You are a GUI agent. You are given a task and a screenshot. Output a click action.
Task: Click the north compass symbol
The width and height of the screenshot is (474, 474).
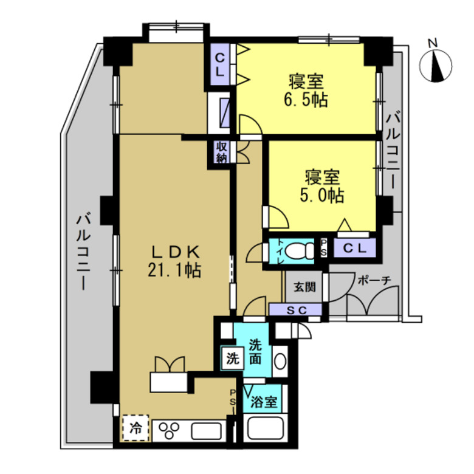tap(436, 65)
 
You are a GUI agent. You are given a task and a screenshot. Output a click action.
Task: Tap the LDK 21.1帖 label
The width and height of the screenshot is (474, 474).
tap(175, 261)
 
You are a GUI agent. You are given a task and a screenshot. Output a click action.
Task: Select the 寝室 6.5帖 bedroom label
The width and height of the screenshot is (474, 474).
tap(306, 90)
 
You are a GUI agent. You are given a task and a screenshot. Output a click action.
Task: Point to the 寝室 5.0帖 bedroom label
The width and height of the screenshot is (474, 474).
tap(322, 186)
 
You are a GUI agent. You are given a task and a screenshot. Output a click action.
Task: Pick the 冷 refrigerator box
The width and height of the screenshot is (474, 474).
tap(136, 428)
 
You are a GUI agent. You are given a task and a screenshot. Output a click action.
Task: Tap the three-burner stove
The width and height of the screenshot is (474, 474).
tap(170, 430)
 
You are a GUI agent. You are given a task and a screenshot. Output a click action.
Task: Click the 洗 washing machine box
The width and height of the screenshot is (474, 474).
tap(233, 359)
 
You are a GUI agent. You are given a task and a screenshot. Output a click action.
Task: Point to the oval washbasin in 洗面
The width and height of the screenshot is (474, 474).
tap(280, 361)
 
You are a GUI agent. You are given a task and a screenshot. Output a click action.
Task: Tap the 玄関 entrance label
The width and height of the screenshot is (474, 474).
tap(304, 287)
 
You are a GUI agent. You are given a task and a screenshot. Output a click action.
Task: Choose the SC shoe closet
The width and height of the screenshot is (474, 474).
tap(295, 310)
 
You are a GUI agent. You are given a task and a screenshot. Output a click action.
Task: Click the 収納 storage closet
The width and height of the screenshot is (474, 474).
tap(221, 152)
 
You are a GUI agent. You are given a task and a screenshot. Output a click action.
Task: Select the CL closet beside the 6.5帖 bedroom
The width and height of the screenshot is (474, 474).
tap(220, 64)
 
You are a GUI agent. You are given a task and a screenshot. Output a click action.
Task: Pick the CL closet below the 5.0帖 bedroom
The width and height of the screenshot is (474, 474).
tap(355, 249)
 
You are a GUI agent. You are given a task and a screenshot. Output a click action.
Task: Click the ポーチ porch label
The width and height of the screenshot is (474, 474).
tap(374, 280)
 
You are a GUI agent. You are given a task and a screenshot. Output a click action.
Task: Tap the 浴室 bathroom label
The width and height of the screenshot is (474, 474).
tap(264, 402)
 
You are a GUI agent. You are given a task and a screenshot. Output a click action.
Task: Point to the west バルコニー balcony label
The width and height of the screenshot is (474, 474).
tap(83, 252)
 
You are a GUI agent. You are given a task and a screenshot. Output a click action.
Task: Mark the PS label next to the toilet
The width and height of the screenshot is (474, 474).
tap(323, 248)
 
